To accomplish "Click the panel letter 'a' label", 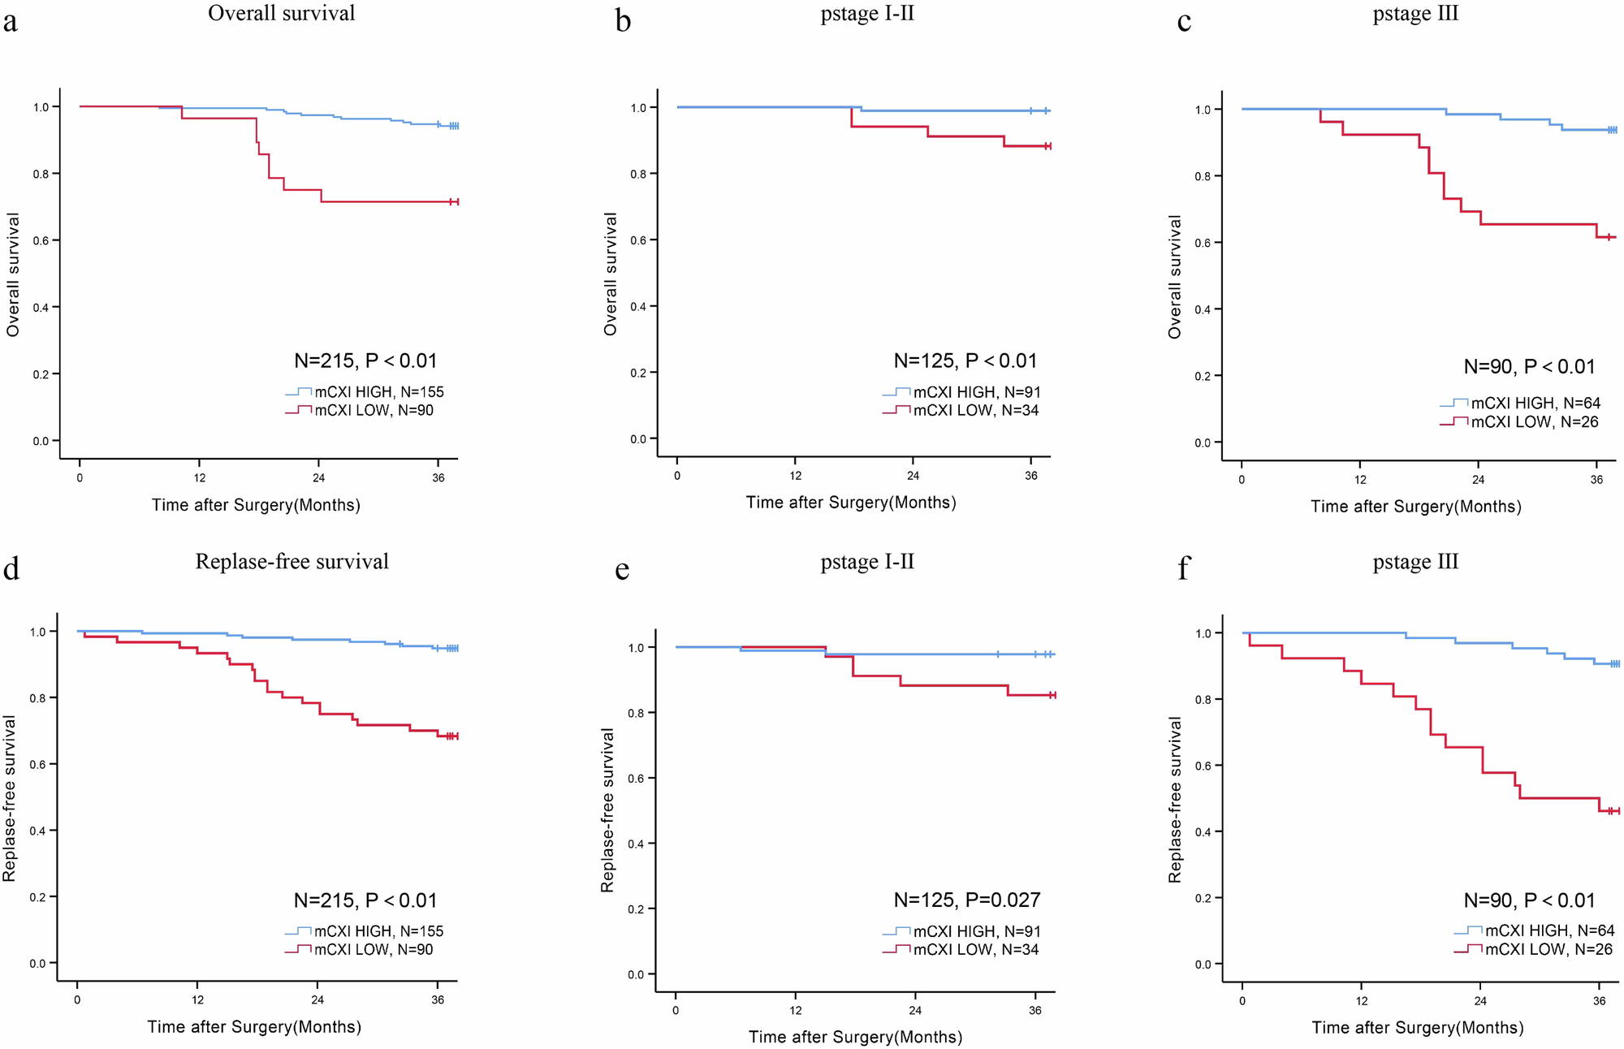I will point(10,21).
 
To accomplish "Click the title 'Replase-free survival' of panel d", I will point(292,562).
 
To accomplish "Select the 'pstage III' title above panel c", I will point(1415,14).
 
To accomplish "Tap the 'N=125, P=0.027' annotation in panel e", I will point(966,900).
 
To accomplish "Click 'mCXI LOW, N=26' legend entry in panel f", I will point(1548,949).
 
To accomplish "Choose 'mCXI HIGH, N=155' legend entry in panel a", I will point(378,392).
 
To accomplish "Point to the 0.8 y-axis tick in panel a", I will point(41,174).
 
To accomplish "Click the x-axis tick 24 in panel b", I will point(913,476).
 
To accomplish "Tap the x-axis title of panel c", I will point(1415,507).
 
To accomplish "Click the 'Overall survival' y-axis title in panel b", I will point(611,274).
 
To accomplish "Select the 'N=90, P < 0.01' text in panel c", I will point(1529,367).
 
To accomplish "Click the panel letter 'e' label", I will point(622,570).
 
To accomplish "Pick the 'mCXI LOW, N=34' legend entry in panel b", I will point(975,411).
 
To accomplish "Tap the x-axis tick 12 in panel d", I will point(197,1000).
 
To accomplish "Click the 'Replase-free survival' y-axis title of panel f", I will point(1175,800).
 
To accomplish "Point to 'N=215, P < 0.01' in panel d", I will point(365,900).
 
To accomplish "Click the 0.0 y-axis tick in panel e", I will point(636,974).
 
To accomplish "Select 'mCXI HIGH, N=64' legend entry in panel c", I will point(1535,404).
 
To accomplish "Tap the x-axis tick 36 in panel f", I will point(1599,1001).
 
